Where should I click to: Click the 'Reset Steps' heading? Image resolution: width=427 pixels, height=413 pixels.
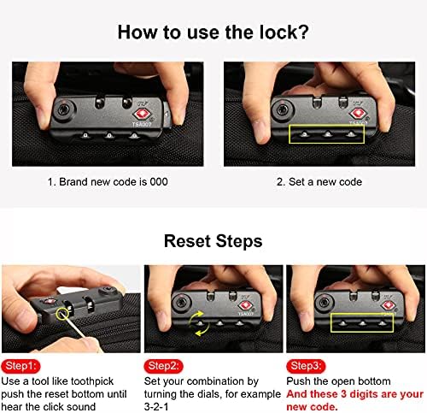tap(213, 241)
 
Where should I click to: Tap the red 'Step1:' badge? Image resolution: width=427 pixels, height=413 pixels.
tap(20, 366)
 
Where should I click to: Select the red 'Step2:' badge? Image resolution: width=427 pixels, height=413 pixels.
tap(164, 366)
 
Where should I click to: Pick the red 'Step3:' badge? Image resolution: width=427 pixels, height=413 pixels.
tap(306, 366)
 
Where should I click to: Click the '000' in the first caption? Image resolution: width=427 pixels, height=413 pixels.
tap(159, 182)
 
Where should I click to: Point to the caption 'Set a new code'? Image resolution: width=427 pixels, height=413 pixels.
tap(325, 182)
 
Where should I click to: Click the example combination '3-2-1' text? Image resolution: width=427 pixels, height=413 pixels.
tap(156, 407)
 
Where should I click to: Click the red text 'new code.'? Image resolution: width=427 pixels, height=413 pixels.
tap(312, 407)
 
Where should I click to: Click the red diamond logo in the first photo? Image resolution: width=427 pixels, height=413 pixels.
tap(143, 114)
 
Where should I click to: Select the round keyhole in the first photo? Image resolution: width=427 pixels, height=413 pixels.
tap(64, 109)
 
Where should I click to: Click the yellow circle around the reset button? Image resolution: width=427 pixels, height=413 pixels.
tap(62, 314)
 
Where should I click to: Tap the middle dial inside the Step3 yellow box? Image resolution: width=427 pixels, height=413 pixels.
tap(362, 324)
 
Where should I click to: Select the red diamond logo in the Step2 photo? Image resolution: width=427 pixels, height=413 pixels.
tap(245, 306)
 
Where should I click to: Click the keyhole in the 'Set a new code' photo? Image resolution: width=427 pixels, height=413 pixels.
tap(283, 109)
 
